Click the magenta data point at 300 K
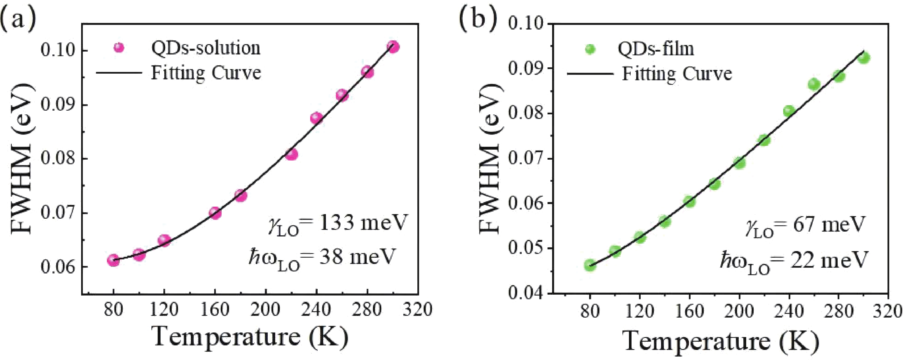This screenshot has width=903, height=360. pyautogui.click(x=393, y=47)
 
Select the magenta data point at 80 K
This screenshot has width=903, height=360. pyautogui.click(x=113, y=260)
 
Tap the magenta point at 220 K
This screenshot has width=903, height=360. pyautogui.click(x=291, y=154)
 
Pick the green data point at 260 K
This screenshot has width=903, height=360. pyautogui.click(x=814, y=85)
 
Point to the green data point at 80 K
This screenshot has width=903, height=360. pyautogui.click(x=590, y=265)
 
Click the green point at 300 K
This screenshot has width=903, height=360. pyautogui.click(x=864, y=58)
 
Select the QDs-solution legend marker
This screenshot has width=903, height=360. pyautogui.click(x=119, y=47)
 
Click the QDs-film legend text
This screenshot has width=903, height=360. pyautogui.click(x=656, y=49)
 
